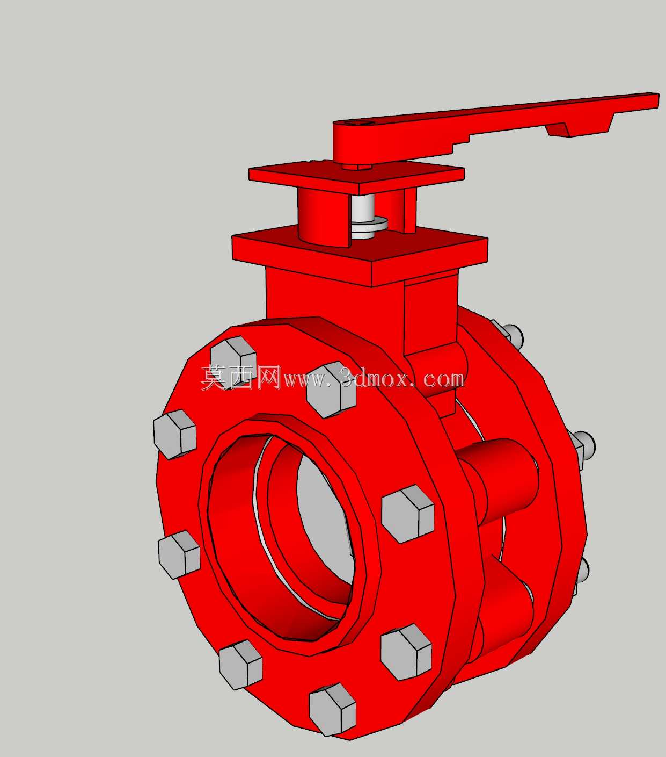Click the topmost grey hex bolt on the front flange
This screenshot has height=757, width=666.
pyautogui.click(x=233, y=363)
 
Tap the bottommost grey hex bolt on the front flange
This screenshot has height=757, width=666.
pyautogui.click(x=333, y=710)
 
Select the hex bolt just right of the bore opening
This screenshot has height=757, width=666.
pyautogui.click(x=408, y=514)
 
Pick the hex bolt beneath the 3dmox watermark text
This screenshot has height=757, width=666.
pyautogui.click(x=331, y=390)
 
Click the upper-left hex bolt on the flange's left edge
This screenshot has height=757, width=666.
pyautogui.click(x=175, y=435)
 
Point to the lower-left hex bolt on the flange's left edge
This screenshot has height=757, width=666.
pyautogui.click(x=179, y=554)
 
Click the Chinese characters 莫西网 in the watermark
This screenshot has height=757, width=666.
pyautogui.click(x=241, y=377)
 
